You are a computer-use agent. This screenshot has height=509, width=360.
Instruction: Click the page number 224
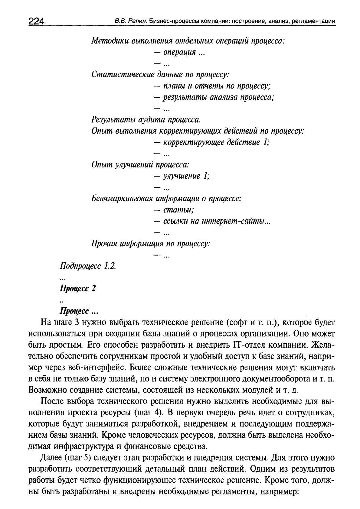point(36,21)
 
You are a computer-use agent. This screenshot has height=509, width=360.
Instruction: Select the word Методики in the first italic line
point(110,41)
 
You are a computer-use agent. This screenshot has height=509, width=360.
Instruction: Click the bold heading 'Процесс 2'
point(78,288)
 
